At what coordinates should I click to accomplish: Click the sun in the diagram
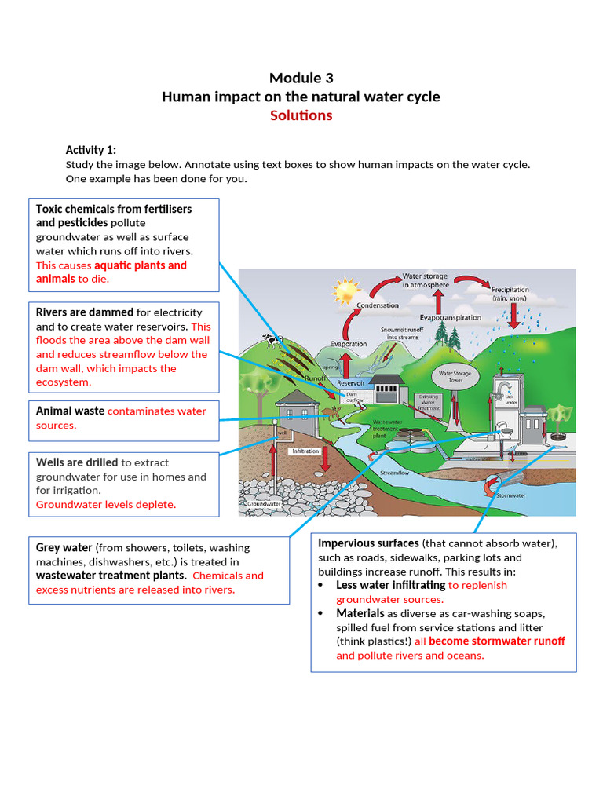pos(345,291)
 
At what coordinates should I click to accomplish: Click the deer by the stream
pos(330,411)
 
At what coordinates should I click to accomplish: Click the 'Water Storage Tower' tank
pos(455,378)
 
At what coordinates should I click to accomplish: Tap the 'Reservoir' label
pos(351,382)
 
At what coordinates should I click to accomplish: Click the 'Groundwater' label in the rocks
pos(265,503)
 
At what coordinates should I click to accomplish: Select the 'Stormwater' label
pos(511,495)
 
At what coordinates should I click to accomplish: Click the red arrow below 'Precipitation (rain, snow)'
pos(514,315)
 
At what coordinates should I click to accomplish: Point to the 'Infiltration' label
pos(305,451)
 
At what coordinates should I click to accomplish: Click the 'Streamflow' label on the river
pos(394,473)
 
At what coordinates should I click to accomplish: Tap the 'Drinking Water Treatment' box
pos(429,403)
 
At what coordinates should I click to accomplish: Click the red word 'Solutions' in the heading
pos(301,115)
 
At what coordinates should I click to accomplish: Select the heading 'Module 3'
pos(301,78)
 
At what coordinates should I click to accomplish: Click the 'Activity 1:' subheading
pos(91,150)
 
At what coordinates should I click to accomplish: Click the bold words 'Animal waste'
pos(70,411)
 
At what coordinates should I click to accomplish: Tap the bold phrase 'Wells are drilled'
pos(77,462)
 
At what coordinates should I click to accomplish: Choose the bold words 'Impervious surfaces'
pos(368,543)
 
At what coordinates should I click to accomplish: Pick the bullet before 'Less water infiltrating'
pos(325,586)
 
